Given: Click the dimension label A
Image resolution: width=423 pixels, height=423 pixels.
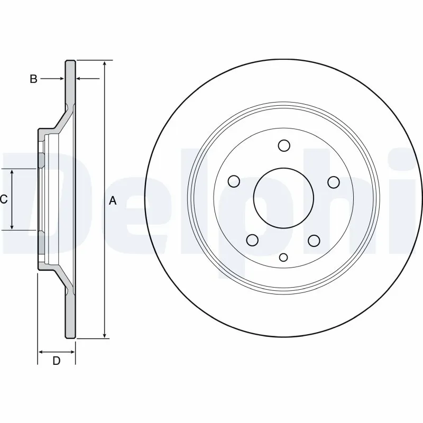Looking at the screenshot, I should (x=112, y=200).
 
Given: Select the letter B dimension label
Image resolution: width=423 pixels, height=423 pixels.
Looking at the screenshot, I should (x=33, y=79).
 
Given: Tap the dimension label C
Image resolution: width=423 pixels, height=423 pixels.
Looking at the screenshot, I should (x=3, y=199).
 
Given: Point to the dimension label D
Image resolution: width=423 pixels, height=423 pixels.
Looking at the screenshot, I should (x=57, y=361).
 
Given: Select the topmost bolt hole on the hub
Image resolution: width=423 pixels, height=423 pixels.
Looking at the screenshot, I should (x=284, y=146).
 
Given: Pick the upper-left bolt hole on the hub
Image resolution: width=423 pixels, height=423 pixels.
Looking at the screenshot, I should (x=234, y=181).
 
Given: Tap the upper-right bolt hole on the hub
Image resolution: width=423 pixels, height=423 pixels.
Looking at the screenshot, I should (x=333, y=181).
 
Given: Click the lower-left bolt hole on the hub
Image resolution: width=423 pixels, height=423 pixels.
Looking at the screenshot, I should (x=253, y=241).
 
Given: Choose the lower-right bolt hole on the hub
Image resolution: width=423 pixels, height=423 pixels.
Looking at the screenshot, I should (x=314, y=241).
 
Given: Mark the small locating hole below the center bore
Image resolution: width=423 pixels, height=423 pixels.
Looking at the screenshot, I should (x=283, y=258).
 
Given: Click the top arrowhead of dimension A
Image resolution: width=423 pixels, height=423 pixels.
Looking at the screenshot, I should (x=105, y=64).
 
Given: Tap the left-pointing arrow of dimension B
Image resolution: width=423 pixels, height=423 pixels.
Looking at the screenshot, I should (x=80, y=79).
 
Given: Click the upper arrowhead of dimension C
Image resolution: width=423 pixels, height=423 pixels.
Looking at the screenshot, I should (x=13, y=172).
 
